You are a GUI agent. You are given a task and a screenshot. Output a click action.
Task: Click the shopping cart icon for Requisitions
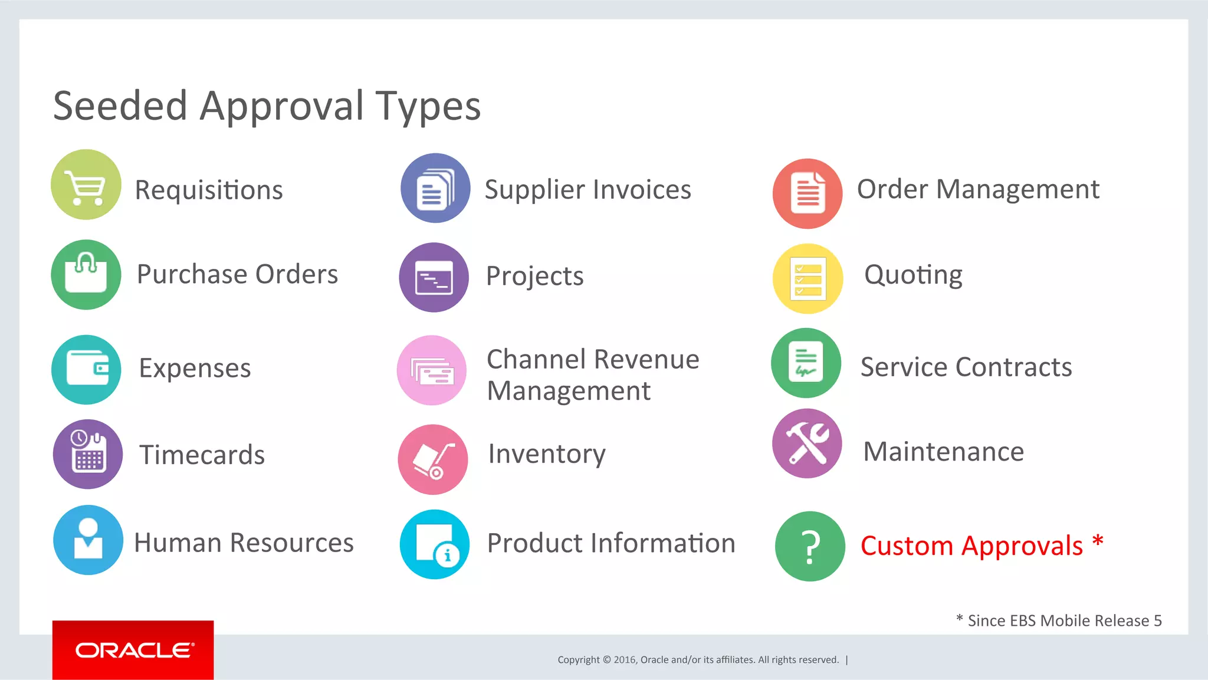[x=86, y=185]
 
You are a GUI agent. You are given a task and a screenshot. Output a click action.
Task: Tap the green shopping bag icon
[x=86, y=275]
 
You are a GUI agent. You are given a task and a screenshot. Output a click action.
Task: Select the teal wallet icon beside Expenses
[x=87, y=370]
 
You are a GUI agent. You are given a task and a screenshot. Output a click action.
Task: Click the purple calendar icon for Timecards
[x=88, y=454]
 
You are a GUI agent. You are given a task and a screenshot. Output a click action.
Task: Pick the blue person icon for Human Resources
[x=88, y=540]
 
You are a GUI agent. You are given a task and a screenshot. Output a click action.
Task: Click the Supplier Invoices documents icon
[x=435, y=188]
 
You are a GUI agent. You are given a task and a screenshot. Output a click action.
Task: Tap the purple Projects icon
[x=434, y=277]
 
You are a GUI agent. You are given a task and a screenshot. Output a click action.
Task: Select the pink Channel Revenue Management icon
[x=432, y=370]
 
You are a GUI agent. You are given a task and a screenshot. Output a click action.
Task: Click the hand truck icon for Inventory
[x=433, y=459]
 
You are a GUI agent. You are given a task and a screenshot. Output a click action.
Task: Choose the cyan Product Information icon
[x=435, y=544]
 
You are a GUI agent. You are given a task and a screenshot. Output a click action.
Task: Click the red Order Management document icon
[x=807, y=193]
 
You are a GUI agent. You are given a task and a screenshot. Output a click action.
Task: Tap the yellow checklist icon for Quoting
[x=807, y=278]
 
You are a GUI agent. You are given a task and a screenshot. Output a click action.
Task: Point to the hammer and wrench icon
[x=807, y=444]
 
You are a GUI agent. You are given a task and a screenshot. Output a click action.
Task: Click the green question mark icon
[x=810, y=546]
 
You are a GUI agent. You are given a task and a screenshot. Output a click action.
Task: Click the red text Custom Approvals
[x=971, y=546]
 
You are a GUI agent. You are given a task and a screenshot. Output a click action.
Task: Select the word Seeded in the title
[x=120, y=106]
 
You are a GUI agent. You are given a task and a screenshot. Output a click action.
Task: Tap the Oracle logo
[x=133, y=650]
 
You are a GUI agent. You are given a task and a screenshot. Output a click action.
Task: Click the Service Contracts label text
[x=966, y=367]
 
